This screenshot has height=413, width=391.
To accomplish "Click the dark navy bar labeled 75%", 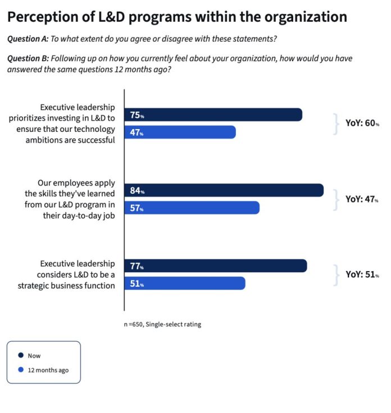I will click(213, 115).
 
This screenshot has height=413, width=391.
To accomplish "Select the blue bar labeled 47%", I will click(180, 132).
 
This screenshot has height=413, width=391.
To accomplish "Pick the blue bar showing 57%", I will click(192, 208).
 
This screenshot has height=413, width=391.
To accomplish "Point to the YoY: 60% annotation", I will click(362, 123).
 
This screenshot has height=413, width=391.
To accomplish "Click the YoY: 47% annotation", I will click(362, 199).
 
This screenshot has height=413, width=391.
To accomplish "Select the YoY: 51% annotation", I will click(362, 274).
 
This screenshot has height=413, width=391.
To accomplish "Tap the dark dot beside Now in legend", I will click(21, 355).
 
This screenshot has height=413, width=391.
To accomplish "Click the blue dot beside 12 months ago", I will click(21, 370).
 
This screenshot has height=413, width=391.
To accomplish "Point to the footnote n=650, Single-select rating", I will click(162, 324).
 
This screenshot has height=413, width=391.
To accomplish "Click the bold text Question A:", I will click(28, 39).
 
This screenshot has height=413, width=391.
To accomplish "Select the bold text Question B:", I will click(28, 58).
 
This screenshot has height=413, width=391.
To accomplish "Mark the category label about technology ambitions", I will click(62, 123).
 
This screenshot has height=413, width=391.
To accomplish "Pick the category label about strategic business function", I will click(76, 274).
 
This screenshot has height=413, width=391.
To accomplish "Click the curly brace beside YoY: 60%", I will click(336, 123).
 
